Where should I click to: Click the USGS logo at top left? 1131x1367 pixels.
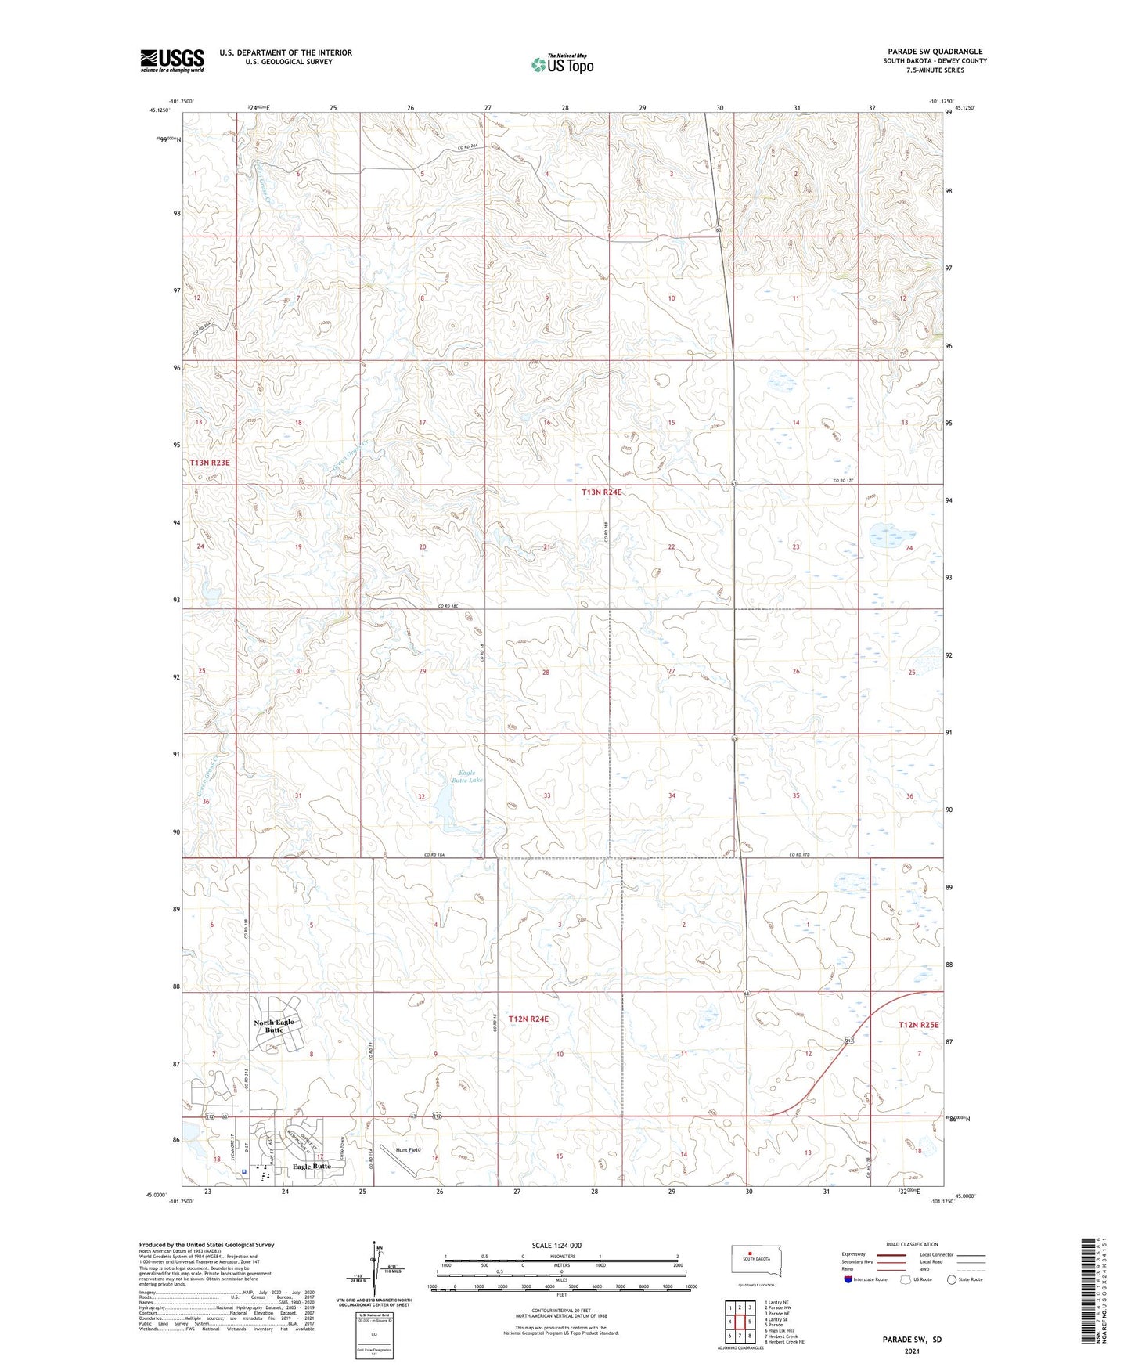pos(171,60)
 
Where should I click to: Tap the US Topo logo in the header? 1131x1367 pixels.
pos(562,64)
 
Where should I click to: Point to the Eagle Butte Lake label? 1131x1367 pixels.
pos(466,777)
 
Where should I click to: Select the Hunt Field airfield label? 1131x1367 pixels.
pos(408,1150)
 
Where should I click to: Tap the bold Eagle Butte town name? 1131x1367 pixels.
pos(312,1166)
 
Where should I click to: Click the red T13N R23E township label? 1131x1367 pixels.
pos(210,463)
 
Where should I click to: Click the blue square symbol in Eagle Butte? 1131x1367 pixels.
pos(244,1172)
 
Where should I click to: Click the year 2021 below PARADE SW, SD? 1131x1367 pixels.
pos(911,1351)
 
